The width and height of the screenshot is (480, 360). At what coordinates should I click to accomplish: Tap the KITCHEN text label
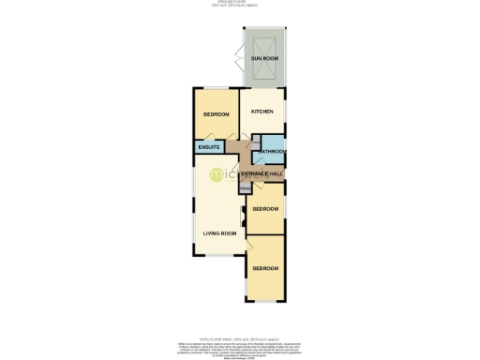pyautogui.click(x=262, y=112)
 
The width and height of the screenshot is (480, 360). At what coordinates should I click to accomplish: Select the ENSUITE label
pyautogui.click(x=209, y=147)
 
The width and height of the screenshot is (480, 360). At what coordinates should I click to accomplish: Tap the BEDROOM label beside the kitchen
pyautogui.click(x=217, y=115)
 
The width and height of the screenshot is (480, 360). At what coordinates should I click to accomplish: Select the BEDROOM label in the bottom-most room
pyautogui.click(x=264, y=268)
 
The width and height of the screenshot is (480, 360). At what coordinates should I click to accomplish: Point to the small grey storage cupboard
pyautogui.click(x=245, y=188)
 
